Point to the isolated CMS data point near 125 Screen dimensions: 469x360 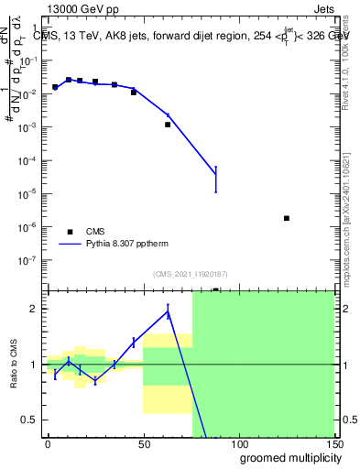point(287,218)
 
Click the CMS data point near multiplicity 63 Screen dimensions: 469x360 point(168,125)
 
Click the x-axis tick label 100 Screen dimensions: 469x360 point(238,444)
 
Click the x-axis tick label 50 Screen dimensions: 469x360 point(143,444)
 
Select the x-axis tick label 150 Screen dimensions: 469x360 point(333,444)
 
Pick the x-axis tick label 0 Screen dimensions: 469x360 point(48,444)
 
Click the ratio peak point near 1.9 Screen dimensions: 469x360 point(168,312)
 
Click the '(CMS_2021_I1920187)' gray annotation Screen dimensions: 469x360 point(191,274)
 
